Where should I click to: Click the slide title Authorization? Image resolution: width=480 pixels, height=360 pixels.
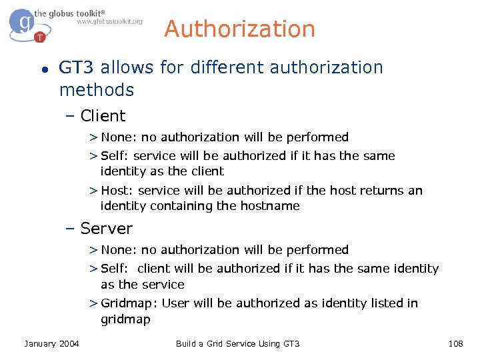(239, 29)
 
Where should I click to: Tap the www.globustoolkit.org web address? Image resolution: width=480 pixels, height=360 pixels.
(109, 21)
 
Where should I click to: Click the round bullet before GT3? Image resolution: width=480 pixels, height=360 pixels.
(43, 69)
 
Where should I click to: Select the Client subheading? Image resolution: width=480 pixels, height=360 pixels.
(103, 116)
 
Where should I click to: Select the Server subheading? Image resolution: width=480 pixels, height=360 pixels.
(106, 229)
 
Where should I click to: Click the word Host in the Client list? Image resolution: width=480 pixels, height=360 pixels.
(113, 191)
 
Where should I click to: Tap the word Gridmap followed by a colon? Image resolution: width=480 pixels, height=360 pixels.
(127, 303)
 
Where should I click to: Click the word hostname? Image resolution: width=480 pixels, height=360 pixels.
(267, 206)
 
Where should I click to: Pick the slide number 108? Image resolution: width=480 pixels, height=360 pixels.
(456, 343)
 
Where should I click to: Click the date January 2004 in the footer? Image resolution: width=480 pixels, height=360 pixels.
(51, 343)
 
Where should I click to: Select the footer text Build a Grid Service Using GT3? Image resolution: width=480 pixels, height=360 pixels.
(238, 343)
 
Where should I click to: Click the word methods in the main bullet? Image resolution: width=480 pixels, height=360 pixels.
(97, 90)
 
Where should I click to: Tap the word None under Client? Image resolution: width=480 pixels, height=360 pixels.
(117, 137)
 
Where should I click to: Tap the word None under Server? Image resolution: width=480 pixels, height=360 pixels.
(117, 250)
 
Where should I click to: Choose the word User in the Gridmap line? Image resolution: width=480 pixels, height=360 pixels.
(175, 303)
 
